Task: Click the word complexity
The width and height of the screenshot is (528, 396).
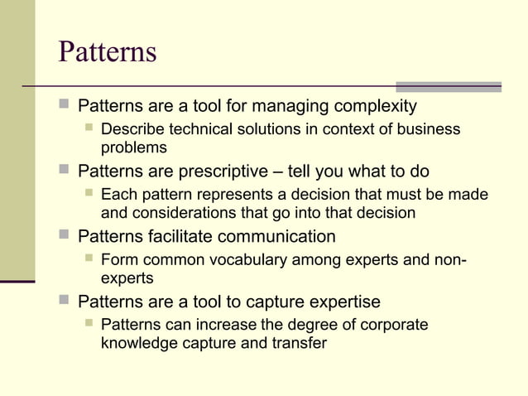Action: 372,107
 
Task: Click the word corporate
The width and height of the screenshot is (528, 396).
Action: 391,324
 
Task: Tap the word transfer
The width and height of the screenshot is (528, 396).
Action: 300,341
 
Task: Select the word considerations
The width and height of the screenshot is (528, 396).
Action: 176,212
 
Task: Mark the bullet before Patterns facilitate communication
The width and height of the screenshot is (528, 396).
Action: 65,235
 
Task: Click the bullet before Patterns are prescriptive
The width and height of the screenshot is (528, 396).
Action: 65,171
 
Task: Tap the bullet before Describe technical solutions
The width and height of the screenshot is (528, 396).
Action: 89,128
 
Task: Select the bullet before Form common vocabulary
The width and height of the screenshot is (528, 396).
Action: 89,258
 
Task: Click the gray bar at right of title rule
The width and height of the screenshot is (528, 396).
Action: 448,86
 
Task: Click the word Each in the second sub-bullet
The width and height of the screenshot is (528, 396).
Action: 117,195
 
